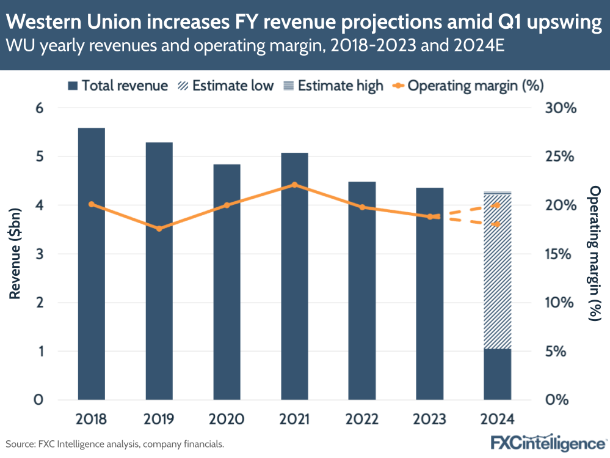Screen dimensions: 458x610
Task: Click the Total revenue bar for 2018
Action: coord(91,263)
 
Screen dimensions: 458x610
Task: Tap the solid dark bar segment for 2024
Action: coord(497,374)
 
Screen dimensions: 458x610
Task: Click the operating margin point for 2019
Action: coord(159,229)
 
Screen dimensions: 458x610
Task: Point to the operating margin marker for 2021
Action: coord(294,185)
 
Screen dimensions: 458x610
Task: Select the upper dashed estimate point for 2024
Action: coord(497,205)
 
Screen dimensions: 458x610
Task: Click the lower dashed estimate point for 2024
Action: coord(497,224)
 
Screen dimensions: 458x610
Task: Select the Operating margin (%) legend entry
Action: coord(468,86)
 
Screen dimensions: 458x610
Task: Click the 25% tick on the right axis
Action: coord(561,157)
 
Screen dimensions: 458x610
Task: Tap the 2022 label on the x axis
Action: coord(362,419)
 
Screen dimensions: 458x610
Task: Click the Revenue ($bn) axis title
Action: coord(15,254)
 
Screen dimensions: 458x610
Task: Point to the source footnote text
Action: coord(115,444)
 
